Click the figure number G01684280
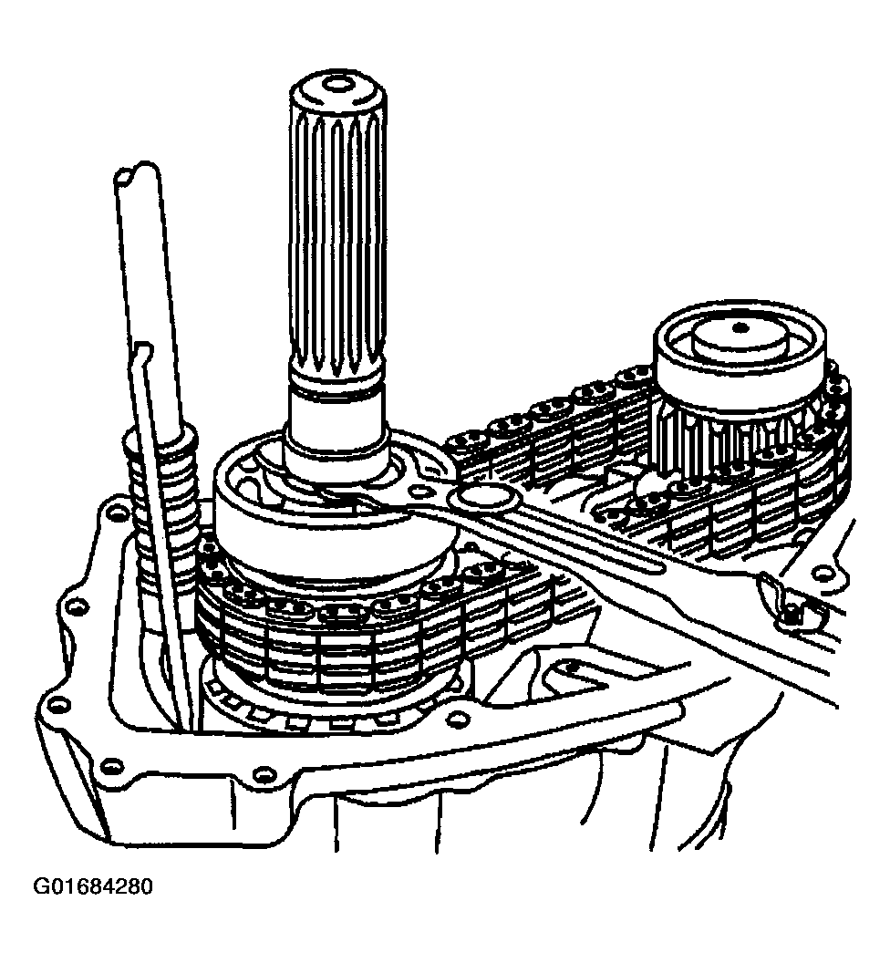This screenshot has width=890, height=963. pyautogui.click(x=93, y=886)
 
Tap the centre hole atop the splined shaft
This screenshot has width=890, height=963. pyautogui.click(x=336, y=84)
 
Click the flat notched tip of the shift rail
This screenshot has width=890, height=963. pyautogui.click(x=135, y=173)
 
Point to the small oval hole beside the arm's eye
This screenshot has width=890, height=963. pyautogui.click(x=420, y=491)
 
